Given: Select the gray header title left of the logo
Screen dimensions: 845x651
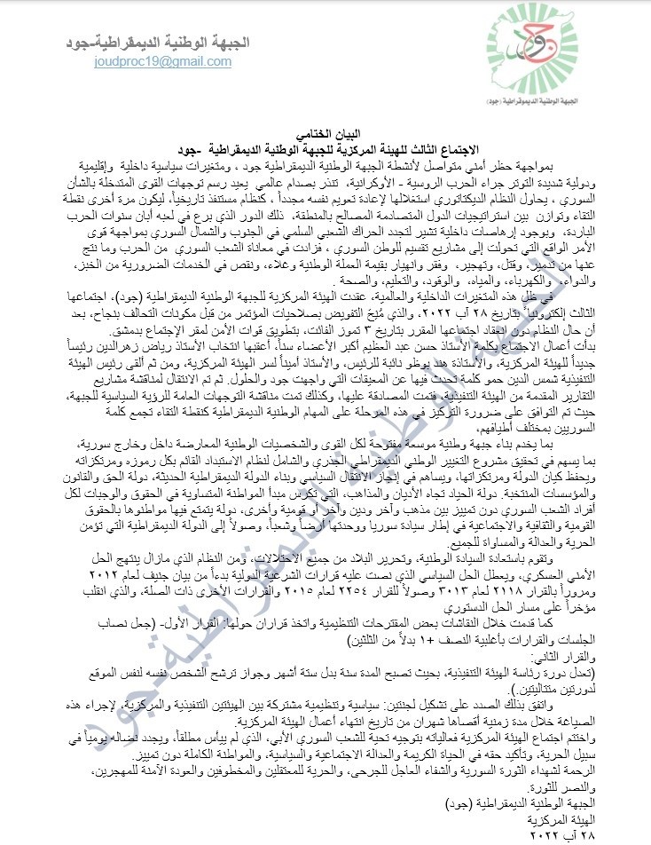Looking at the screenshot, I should [x=174, y=42].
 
